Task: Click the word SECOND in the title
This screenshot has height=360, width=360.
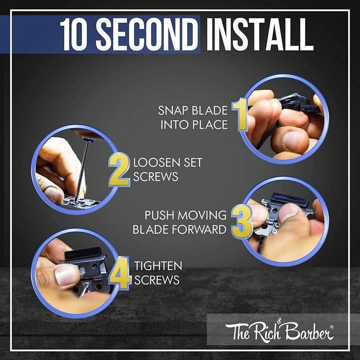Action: (x=147, y=34)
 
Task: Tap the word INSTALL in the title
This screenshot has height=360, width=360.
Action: (x=260, y=34)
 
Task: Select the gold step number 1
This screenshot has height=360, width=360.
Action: (x=240, y=114)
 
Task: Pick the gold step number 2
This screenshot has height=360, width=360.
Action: (x=119, y=170)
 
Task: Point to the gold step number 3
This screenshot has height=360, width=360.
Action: (x=241, y=222)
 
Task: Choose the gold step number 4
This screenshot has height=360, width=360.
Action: (x=120, y=273)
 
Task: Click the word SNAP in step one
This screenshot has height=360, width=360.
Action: (x=173, y=111)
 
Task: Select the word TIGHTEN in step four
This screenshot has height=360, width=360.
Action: (x=158, y=266)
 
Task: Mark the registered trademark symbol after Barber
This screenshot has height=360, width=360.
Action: (x=332, y=327)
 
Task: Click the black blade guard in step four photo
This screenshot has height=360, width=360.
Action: (x=83, y=253)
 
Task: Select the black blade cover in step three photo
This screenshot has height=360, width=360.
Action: (x=290, y=199)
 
